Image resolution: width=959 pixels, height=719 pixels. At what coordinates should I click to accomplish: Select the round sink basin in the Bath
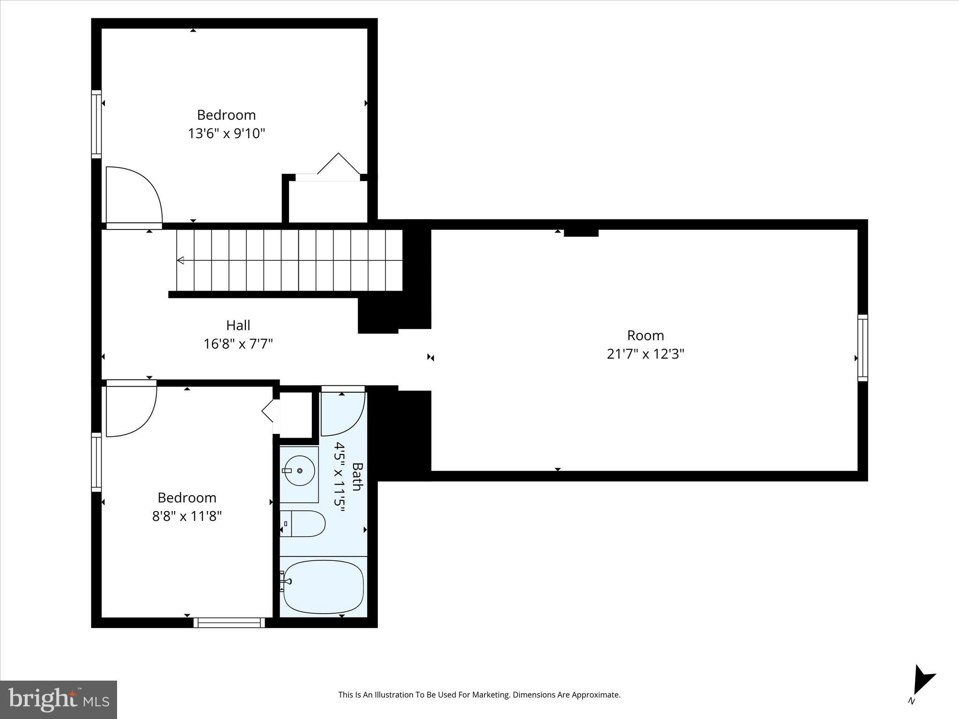[299, 472]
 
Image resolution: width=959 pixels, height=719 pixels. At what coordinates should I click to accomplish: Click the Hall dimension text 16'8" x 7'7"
[238, 344]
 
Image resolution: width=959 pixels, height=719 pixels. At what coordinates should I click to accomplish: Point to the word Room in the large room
[645, 335]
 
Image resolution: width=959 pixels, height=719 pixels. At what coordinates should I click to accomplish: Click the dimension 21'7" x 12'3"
[645, 354]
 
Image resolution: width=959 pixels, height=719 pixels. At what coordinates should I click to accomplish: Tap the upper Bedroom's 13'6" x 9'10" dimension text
[226, 133]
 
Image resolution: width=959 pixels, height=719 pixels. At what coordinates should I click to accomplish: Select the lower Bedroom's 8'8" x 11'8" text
[187, 516]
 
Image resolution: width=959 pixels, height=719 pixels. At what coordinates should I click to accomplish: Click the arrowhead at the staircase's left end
[180, 260]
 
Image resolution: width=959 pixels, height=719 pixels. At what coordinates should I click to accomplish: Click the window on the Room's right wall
[863, 348]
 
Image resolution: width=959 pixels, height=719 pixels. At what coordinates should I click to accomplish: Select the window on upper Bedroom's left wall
[96, 124]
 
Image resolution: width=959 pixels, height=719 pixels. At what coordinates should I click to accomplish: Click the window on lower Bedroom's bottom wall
[229, 623]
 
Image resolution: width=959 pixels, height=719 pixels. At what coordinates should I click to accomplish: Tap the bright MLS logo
[59, 699]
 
